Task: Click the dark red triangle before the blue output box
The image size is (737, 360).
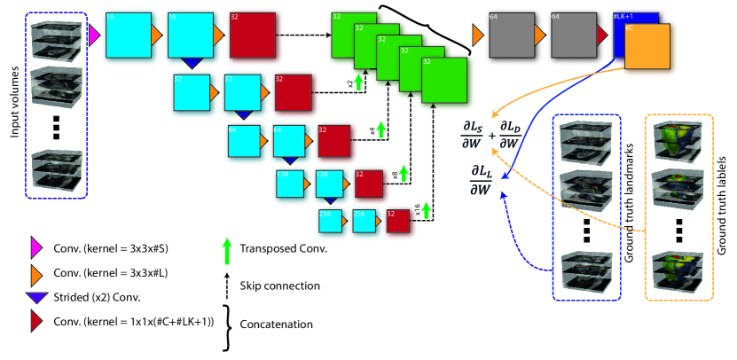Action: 602,35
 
